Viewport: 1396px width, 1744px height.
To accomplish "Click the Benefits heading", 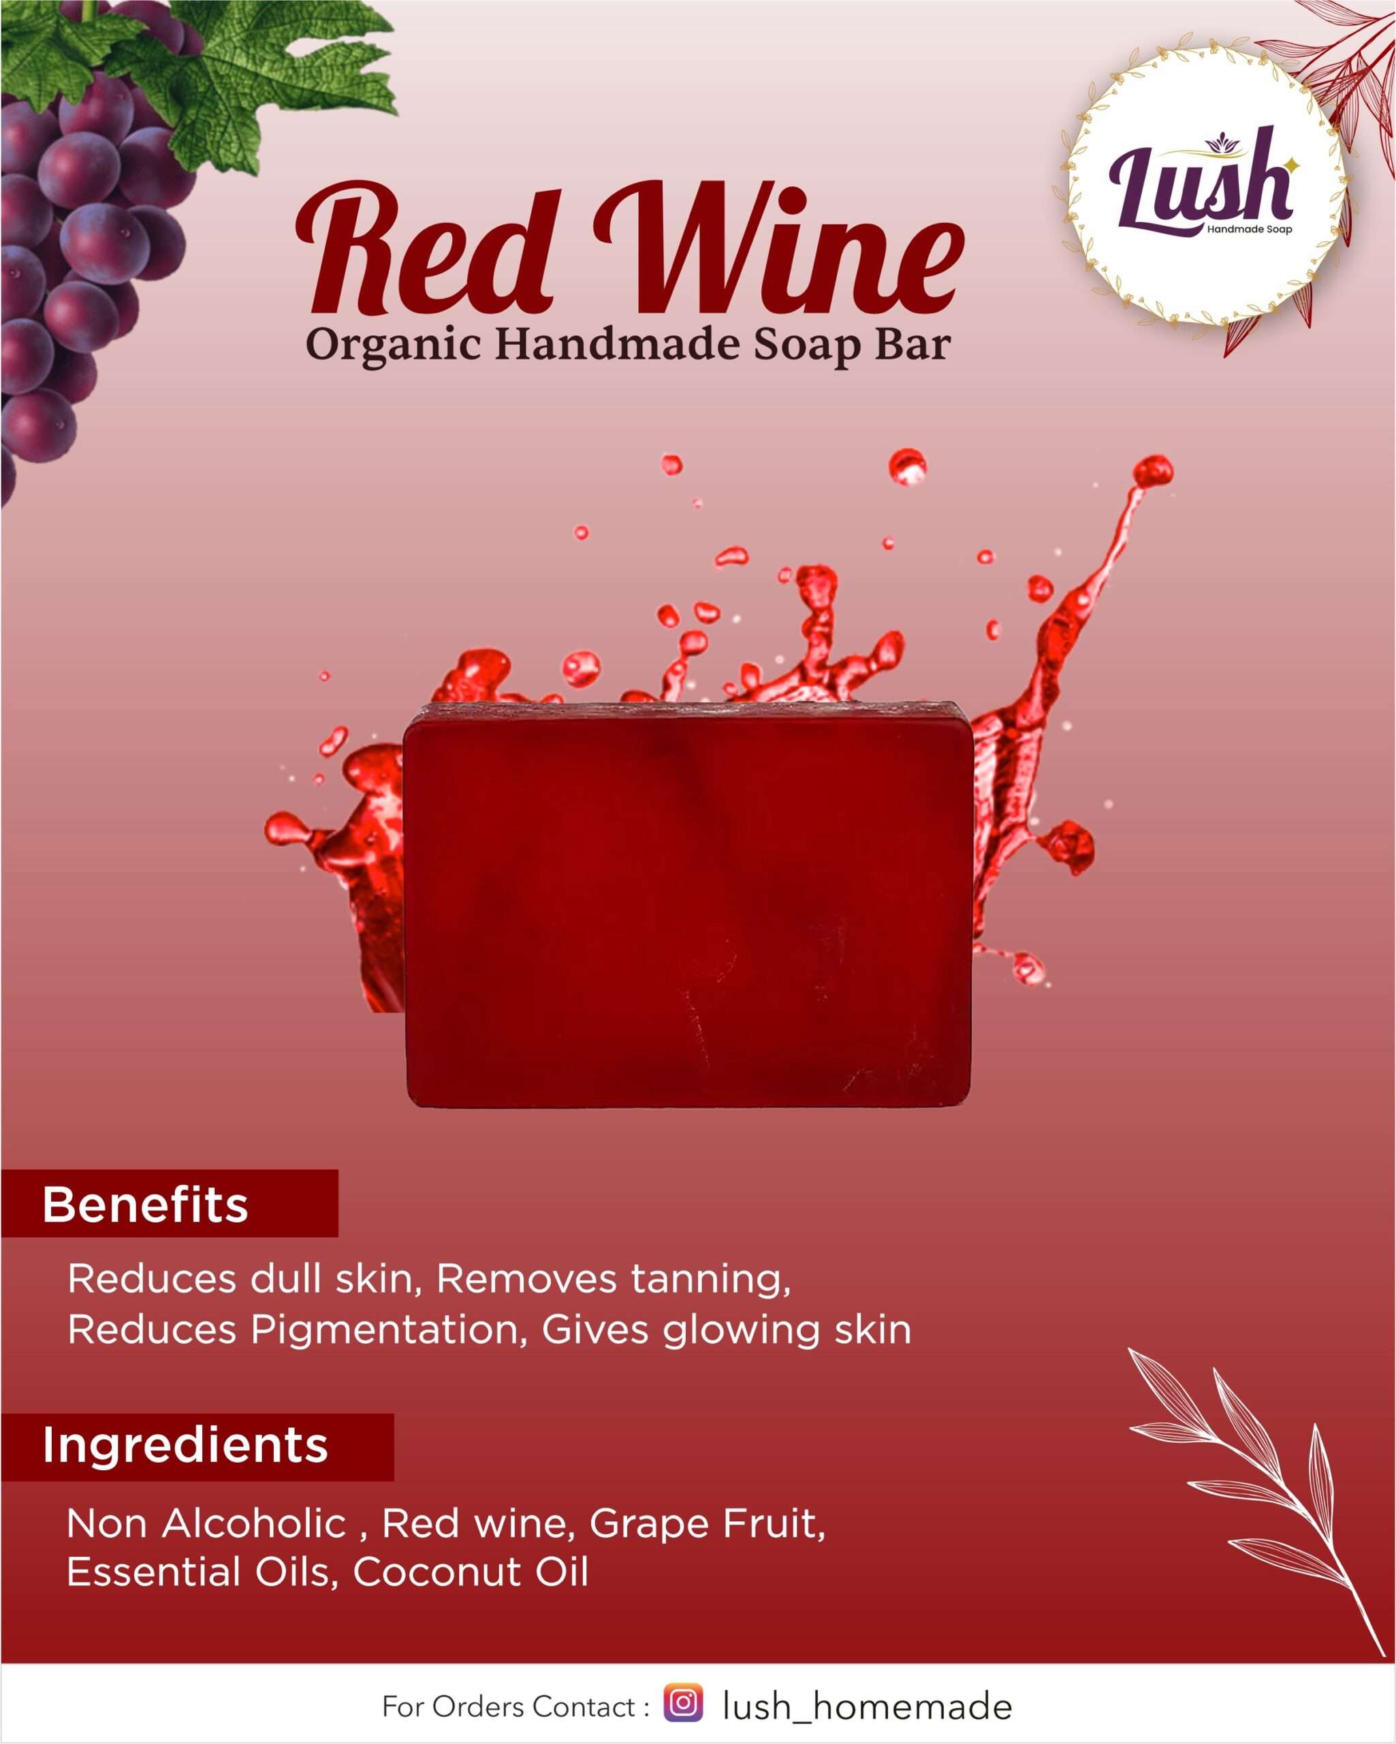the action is (x=145, y=1204).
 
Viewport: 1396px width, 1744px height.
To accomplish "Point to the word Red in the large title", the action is (x=424, y=249).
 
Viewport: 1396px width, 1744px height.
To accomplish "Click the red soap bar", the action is (x=688, y=904).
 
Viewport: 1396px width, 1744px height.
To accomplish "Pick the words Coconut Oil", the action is (x=471, y=1572).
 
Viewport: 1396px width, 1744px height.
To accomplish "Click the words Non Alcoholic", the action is (x=207, y=1524).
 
